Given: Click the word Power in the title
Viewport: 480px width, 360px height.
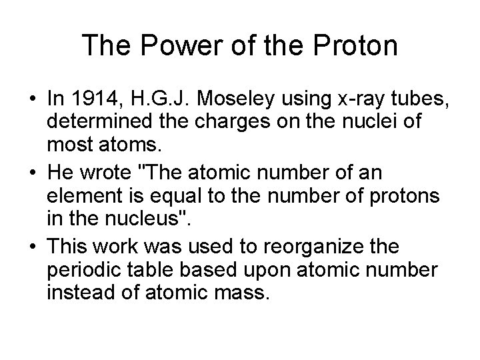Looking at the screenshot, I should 164,46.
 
